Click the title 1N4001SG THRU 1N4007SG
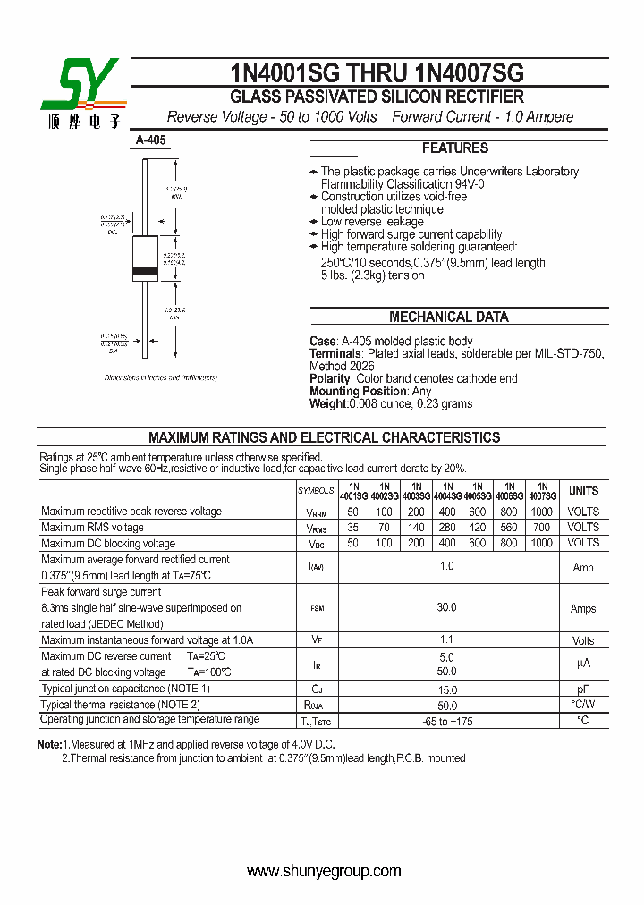click(x=377, y=72)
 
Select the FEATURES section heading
click(x=455, y=148)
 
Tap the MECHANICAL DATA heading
click(x=448, y=317)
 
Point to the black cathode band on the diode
click(x=145, y=271)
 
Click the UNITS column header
click(x=583, y=491)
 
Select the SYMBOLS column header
click(x=316, y=491)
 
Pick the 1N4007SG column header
click(x=542, y=491)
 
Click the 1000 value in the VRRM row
click(x=542, y=512)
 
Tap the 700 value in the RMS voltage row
click(x=542, y=528)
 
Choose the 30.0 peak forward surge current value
click(x=446, y=607)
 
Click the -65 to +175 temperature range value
click(x=446, y=721)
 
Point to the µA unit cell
click(x=583, y=664)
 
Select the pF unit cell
click(x=583, y=689)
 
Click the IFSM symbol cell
click(x=316, y=608)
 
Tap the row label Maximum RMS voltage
click(x=93, y=528)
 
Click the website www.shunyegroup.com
click(x=324, y=871)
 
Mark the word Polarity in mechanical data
click(x=330, y=379)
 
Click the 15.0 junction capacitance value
click(x=446, y=689)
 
